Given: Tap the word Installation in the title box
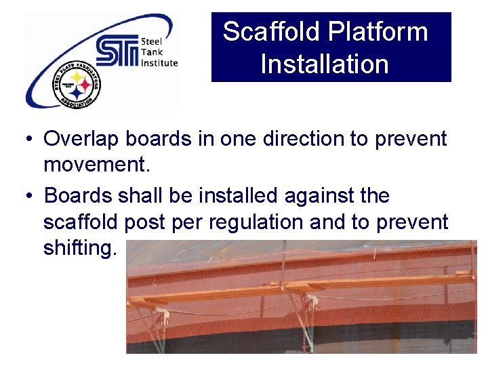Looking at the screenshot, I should point(325,64).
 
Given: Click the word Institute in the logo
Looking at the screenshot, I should point(159,63).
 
